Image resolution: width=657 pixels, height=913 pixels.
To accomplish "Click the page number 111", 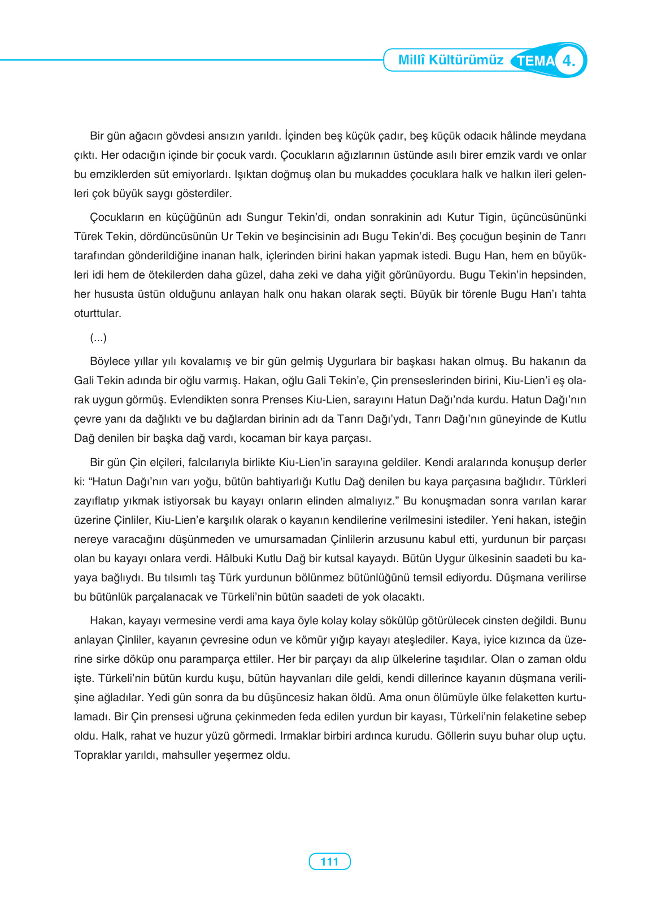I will point(329,862).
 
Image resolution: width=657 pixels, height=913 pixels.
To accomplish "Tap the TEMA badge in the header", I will point(535,61).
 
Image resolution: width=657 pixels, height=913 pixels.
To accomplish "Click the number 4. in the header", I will point(569,60).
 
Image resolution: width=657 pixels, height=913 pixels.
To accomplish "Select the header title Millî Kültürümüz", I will point(450,60).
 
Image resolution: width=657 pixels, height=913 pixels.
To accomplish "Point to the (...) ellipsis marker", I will point(98,338).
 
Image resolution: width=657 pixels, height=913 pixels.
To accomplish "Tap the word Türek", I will point(88,237).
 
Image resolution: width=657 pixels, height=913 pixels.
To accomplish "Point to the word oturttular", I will point(97,314).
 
